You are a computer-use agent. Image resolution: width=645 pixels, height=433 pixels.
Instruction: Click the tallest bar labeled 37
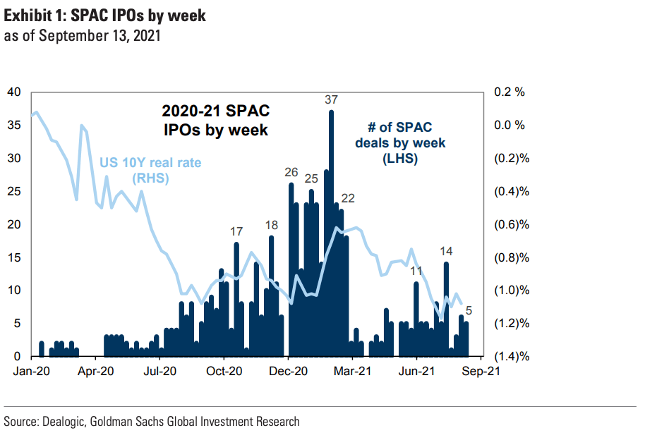pyautogui.click(x=331, y=233)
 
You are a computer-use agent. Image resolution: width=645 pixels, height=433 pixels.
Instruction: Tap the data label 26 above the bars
pyautogui.click(x=291, y=172)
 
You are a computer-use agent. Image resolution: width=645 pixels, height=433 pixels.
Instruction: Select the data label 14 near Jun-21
pyautogui.click(x=446, y=251)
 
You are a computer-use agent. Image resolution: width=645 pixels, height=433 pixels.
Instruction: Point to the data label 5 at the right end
pyautogui.click(x=469, y=308)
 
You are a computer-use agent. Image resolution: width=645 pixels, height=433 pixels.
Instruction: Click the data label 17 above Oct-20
pyautogui.click(x=236, y=231)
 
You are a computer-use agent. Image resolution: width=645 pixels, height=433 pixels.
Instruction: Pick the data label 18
pyautogui.click(x=272, y=225)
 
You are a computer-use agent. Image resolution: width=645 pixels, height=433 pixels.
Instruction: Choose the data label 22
pyautogui.click(x=348, y=197)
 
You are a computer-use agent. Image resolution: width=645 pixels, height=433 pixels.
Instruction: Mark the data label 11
pyautogui.click(x=416, y=271)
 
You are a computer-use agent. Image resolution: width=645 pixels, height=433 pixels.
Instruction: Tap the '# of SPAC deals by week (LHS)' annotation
pyautogui.click(x=400, y=143)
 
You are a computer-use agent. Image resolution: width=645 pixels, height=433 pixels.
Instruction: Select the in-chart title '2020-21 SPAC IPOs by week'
pyautogui.click(x=215, y=120)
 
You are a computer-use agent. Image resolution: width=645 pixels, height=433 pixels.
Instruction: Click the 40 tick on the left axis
pyautogui.click(x=14, y=92)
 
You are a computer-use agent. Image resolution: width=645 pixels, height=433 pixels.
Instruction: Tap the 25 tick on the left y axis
pyautogui.click(x=14, y=191)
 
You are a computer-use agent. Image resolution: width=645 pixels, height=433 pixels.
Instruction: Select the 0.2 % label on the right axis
pyautogui.click(x=511, y=92)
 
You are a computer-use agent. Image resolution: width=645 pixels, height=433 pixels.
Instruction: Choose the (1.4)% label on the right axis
pyautogui.click(x=512, y=356)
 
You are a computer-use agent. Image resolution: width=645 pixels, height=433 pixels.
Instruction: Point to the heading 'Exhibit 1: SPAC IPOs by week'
pyautogui.click(x=105, y=16)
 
